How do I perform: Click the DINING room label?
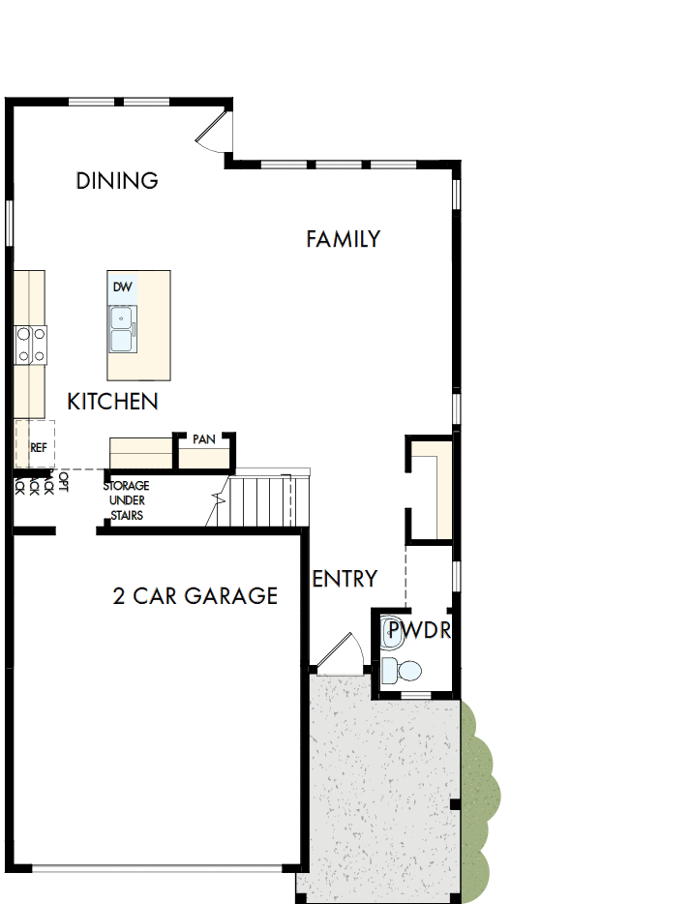coord(117,180)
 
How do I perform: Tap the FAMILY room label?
coord(343,239)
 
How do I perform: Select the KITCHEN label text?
coord(112,401)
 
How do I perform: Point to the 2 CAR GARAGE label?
coord(195,595)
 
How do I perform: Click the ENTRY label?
coord(345,579)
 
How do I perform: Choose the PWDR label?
coord(418,634)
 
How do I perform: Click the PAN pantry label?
coord(203,439)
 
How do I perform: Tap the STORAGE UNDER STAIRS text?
coord(126,500)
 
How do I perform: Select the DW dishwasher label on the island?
coord(122,287)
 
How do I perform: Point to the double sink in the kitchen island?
coord(122,329)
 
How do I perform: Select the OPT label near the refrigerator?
coord(64,482)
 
